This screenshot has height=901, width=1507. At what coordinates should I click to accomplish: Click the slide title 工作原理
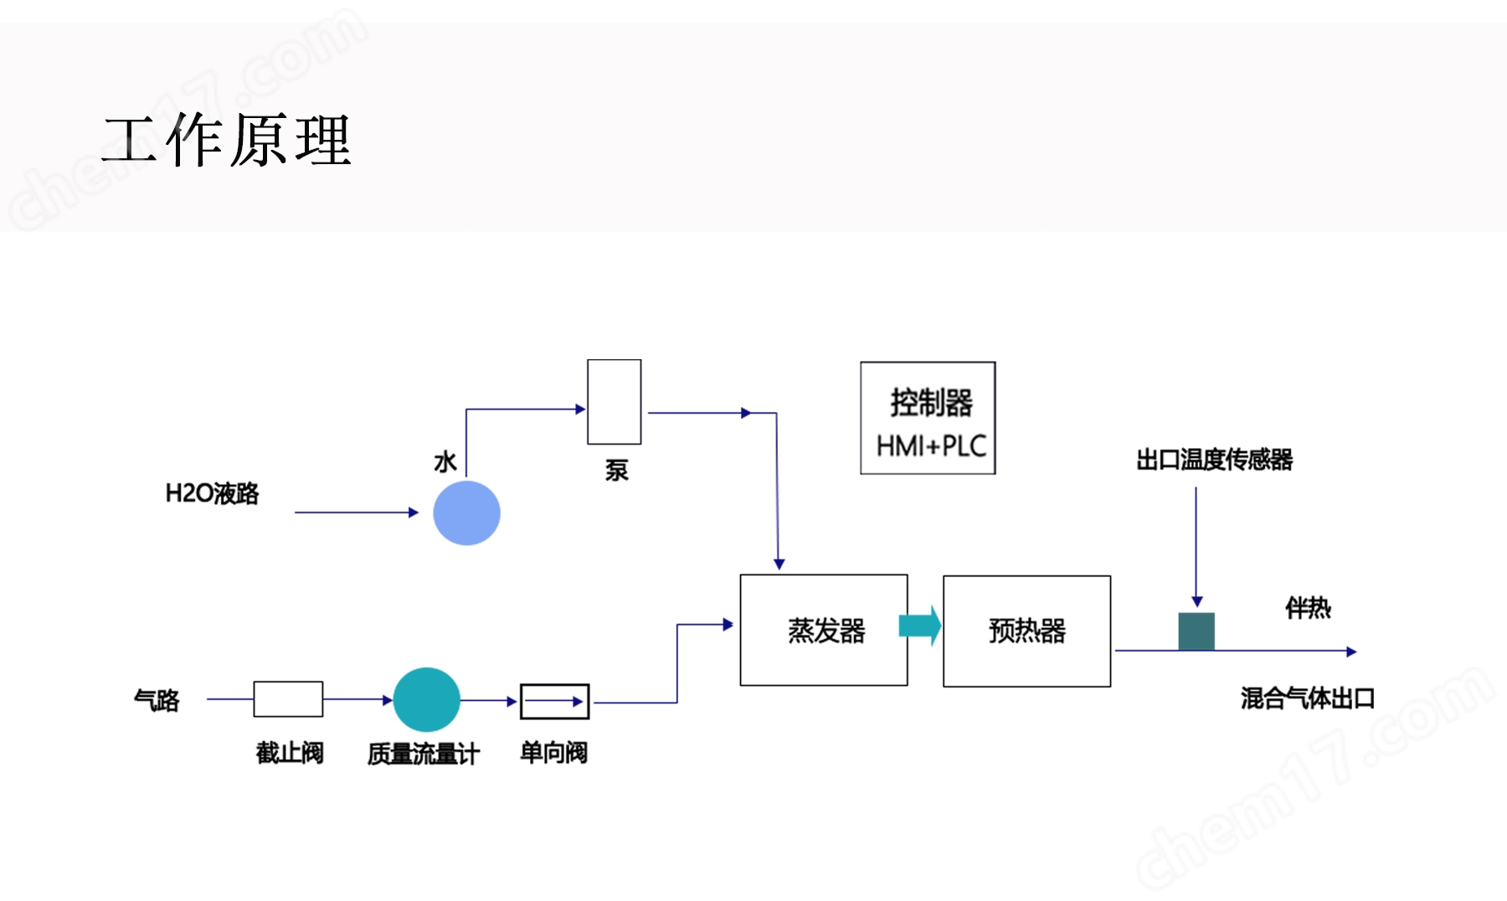tap(227, 140)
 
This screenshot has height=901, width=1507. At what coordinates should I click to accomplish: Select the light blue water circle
tap(466, 512)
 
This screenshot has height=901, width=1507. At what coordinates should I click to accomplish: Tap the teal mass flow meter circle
tap(426, 699)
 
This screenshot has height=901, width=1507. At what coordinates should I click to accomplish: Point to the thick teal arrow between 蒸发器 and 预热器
tap(920, 626)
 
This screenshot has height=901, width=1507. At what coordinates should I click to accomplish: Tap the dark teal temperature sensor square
tap(1196, 631)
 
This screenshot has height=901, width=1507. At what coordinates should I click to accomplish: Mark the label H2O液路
tap(212, 493)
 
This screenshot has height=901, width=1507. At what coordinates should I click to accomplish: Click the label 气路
tap(157, 700)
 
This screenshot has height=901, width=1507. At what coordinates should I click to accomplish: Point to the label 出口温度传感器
tap(1214, 460)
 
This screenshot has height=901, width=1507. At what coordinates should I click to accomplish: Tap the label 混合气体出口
tap(1308, 698)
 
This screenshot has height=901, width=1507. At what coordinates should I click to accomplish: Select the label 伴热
tap(1308, 608)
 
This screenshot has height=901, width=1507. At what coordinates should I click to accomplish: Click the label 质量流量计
tap(424, 754)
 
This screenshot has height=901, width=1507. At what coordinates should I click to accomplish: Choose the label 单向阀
tap(553, 753)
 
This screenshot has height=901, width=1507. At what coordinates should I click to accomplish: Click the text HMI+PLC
tap(931, 445)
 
